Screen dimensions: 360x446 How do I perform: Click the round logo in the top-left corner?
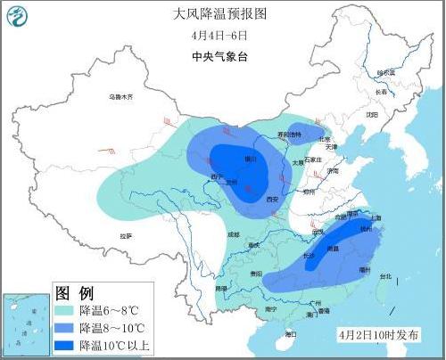coord(19,16)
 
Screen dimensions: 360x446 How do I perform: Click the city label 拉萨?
coord(126,235)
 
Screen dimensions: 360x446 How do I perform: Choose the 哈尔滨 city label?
coord(385,73)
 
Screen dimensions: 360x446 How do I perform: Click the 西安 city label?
coord(273,199)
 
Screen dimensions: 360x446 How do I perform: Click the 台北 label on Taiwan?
coord(384,277)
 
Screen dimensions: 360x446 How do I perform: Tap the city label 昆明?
coord(221,289)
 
